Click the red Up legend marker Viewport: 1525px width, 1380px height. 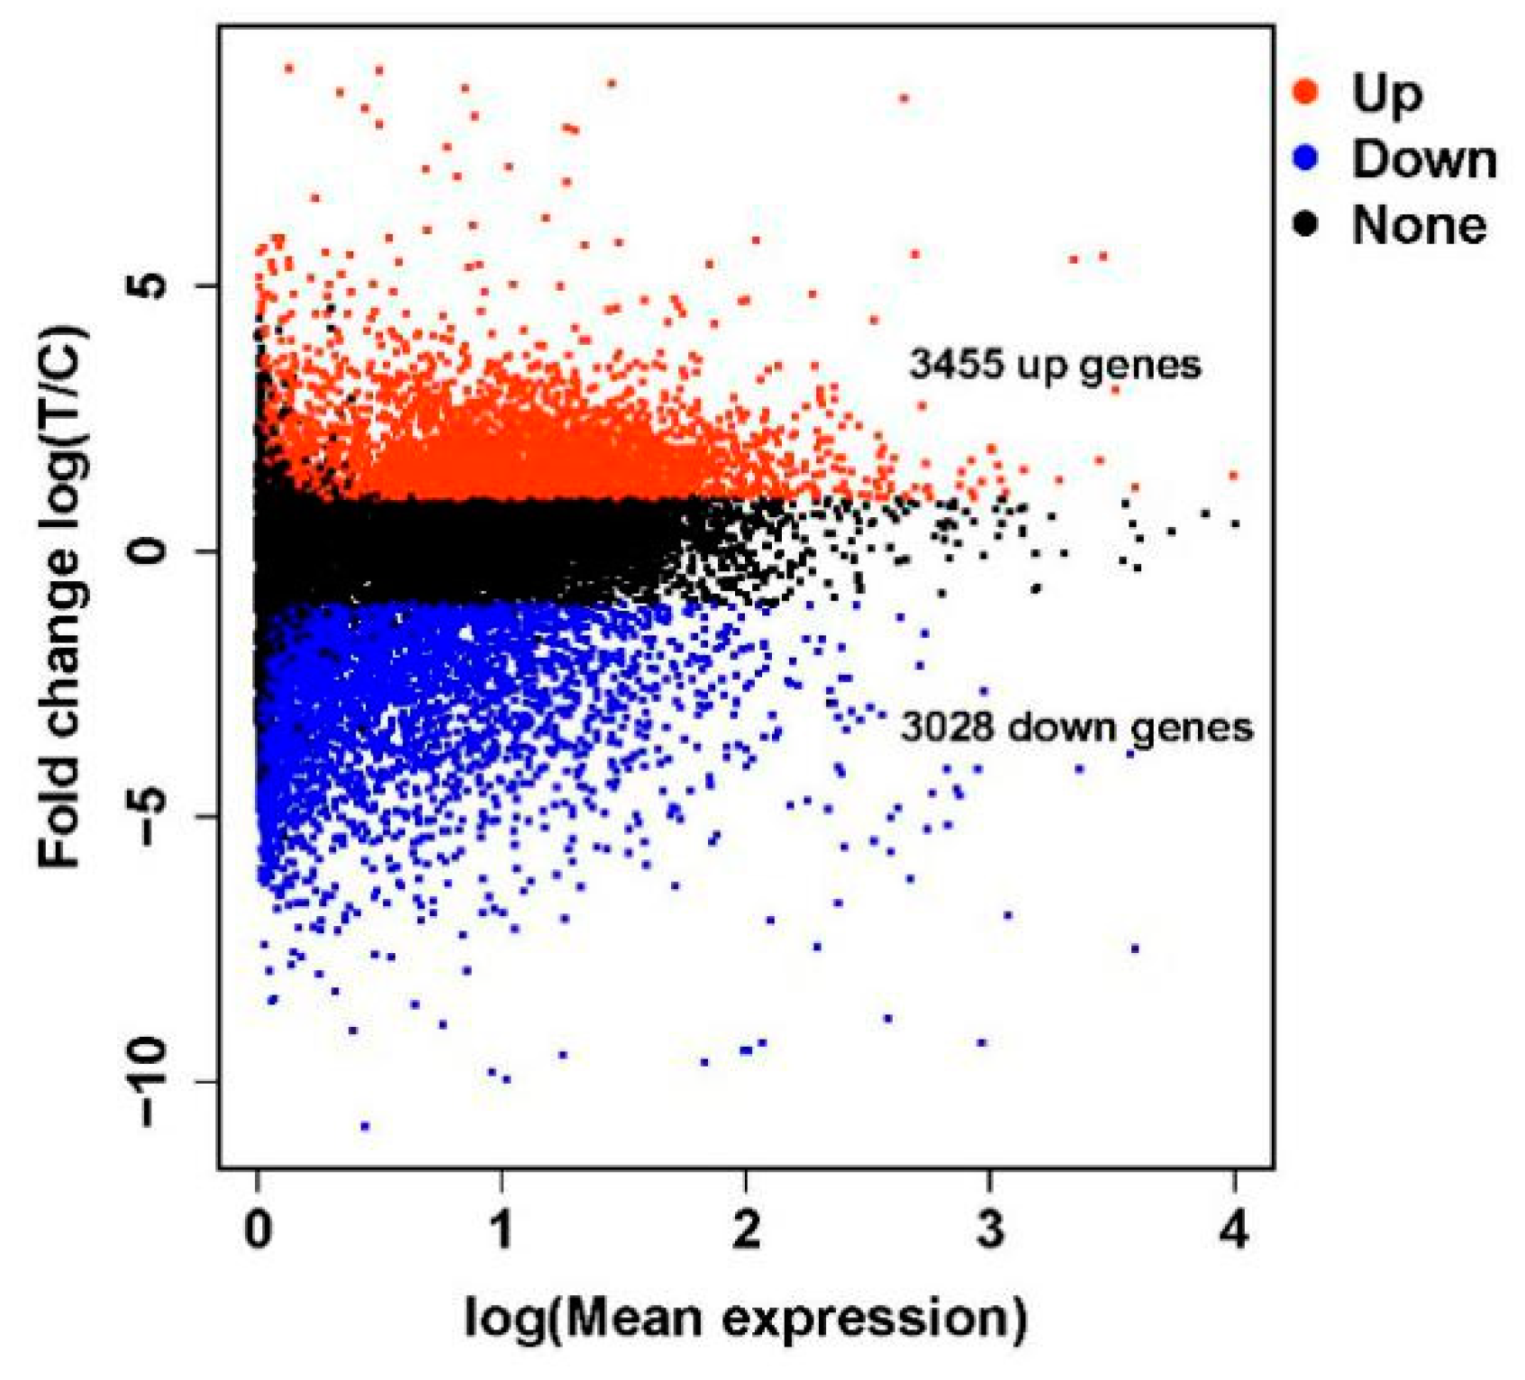point(1305,90)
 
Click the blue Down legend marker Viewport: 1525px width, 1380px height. point(1305,158)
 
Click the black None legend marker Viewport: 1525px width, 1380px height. point(1305,223)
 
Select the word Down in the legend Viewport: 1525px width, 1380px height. point(1423,159)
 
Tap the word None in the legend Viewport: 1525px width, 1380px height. point(1419,225)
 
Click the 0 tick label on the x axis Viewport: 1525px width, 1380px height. point(259,1228)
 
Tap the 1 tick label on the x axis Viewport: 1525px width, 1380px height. point(502,1228)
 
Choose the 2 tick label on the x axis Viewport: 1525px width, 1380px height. point(746,1228)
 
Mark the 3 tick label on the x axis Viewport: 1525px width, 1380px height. point(990,1228)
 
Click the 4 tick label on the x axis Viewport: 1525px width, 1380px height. point(1234,1228)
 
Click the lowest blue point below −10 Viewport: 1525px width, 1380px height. point(365,1125)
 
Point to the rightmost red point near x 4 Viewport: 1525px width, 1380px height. point(1233,475)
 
